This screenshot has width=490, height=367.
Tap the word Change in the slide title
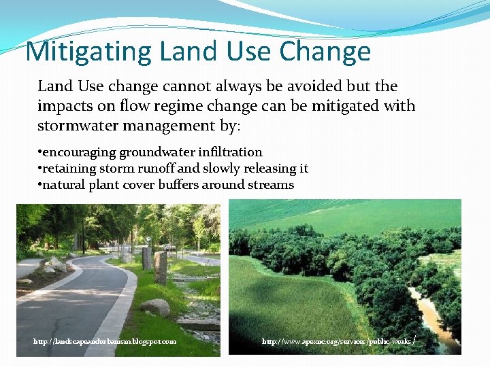click(325, 52)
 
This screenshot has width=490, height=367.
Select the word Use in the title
click(248, 52)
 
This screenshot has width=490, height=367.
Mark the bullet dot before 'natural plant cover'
click(39, 185)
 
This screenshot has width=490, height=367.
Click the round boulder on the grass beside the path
click(156, 308)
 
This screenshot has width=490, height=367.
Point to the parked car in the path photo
click(169, 247)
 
